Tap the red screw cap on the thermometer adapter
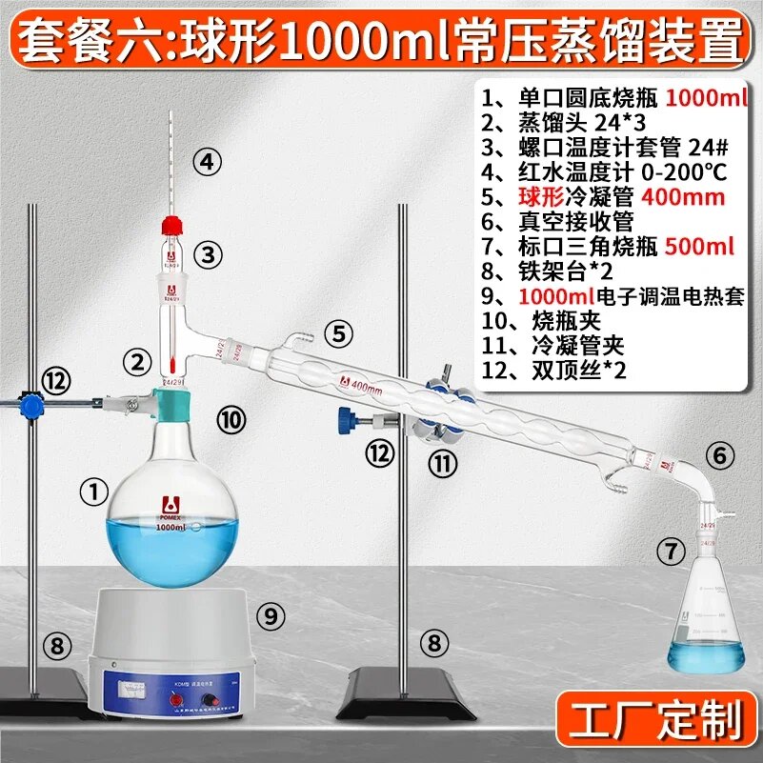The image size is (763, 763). pyautogui.click(x=171, y=226)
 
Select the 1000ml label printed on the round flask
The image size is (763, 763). pyautogui.click(x=171, y=527)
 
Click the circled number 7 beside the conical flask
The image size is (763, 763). pyautogui.click(x=673, y=550)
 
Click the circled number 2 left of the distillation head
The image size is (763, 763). pyautogui.click(x=138, y=361)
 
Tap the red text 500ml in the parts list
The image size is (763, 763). pyautogui.click(x=699, y=247)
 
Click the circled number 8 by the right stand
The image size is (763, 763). pyautogui.click(x=435, y=644)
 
